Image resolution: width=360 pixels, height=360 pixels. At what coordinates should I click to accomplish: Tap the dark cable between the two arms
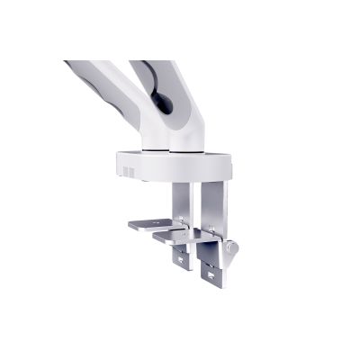point(162,99)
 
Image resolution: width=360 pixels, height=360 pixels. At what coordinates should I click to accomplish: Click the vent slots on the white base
point(127,172)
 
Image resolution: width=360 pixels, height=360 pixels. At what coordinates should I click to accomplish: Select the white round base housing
point(171,166)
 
